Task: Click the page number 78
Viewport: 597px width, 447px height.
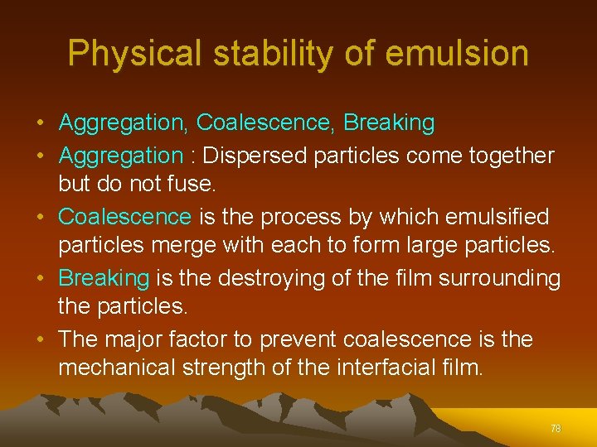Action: tap(556, 429)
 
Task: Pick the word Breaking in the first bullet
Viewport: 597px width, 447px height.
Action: tap(389, 123)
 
